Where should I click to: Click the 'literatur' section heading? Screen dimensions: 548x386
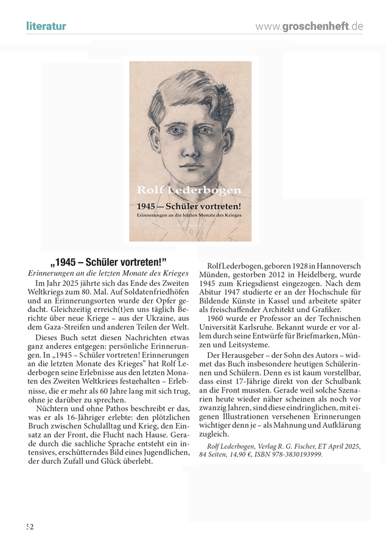(46, 26)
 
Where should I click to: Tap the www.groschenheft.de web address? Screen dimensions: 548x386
(309, 26)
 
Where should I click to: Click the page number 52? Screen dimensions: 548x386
(30, 526)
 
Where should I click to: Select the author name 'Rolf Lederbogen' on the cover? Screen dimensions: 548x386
(189, 191)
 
